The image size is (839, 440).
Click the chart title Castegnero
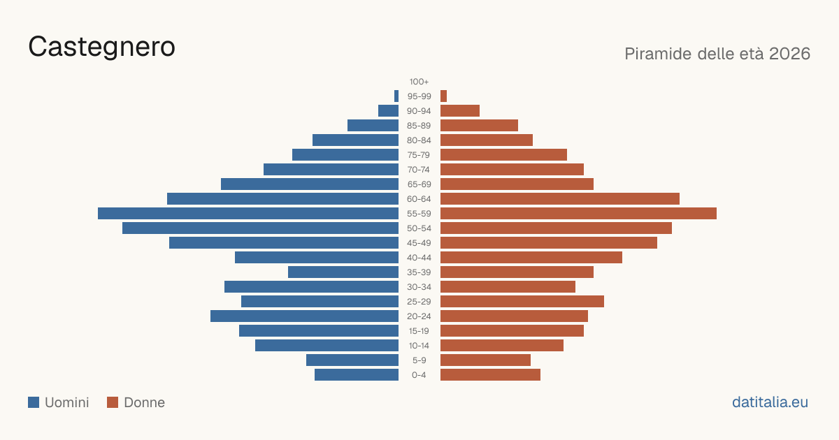[101, 47]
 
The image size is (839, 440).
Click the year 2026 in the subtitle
[789, 54]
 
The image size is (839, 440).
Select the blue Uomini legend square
[34, 402]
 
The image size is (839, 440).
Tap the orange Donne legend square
[113, 402]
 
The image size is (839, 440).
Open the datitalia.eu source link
[770, 402]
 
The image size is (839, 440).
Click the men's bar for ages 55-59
[248, 213]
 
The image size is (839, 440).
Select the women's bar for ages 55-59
[578, 213]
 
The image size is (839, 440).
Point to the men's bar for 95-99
[396, 96]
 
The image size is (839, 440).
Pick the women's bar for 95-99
[443, 96]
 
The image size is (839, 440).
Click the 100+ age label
[419, 82]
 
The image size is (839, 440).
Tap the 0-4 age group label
[419, 375]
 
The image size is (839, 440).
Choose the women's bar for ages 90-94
[460, 111]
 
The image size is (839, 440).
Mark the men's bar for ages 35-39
[343, 272]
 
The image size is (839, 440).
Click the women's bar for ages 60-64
[560, 198]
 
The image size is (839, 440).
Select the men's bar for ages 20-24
[305, 316]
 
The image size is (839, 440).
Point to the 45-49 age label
[419, 243]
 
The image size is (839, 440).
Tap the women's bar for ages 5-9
[485, 360]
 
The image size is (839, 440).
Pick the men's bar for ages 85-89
[373, 125]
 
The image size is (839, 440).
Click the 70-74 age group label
[419, 170]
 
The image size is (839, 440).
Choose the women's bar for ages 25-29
[522, 302]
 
